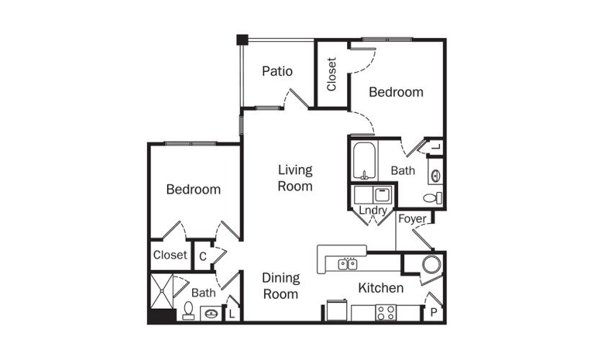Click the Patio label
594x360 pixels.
click(277, 71)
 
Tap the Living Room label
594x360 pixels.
click(295, 178)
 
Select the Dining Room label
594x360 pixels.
click(281, 286)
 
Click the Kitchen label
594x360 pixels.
click(381, 288)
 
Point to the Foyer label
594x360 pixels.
click(412, 219)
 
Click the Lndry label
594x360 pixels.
click(373, 210)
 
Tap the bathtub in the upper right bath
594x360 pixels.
click(365, 161)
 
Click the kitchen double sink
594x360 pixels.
click(347, 264)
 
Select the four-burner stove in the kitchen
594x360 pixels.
click(386, 312)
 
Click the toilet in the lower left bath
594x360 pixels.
click(188, 310)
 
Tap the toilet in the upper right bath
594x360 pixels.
click(432, 198)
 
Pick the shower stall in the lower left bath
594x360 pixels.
click(162, 291)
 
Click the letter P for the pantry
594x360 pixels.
click(433, 312)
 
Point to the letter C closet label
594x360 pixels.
click(202, 256)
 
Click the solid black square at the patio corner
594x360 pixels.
click(242, 40)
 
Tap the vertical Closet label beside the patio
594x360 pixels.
click(331, 74)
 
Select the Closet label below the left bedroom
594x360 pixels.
click(170, 255)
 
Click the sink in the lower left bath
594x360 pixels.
click(211, 314)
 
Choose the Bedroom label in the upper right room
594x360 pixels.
click(396, 92)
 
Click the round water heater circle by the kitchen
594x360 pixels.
click(432, 264)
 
